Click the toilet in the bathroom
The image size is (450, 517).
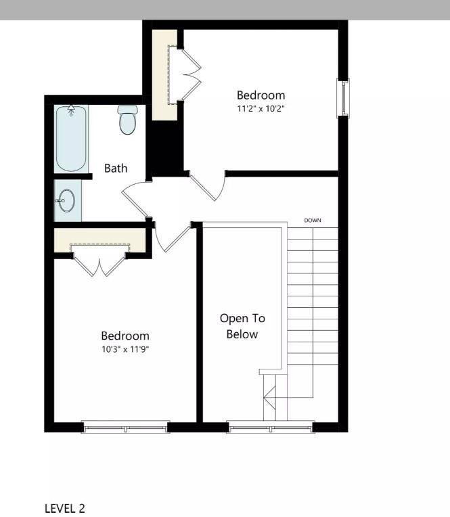(127, 120)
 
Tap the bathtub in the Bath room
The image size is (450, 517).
(71, 139)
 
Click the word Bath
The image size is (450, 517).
(116, 168)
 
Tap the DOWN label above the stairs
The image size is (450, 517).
(313, 221)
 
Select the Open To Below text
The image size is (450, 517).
(242, 325)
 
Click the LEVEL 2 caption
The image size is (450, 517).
(65, 508)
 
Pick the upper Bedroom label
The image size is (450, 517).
(261, 95)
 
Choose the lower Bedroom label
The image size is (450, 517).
(125, 336)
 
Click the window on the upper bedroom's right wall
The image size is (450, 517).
(344, 98)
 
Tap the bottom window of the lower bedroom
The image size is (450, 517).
(125, 427)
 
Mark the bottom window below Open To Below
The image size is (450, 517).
(271, 427)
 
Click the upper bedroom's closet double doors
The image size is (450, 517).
(192, 74)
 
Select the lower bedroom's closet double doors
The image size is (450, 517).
(99, 264)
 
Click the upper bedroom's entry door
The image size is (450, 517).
(210, 185)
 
